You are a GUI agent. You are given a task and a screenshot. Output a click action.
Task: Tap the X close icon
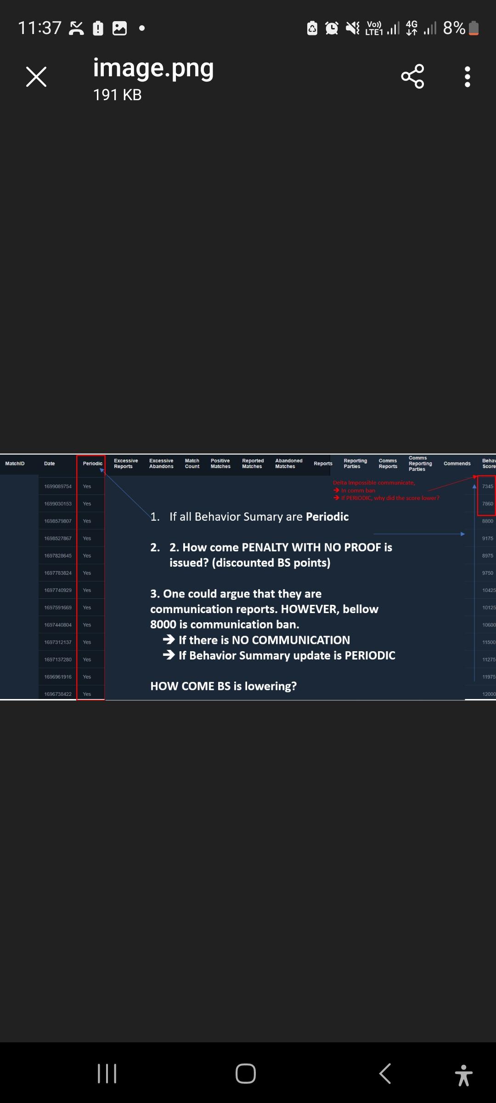click(36, 77)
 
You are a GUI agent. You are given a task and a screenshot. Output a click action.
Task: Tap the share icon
click(412, 77)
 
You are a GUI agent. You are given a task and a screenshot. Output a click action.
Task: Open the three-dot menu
click(467, 77)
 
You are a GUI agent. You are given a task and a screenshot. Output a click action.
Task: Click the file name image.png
click(153, 68)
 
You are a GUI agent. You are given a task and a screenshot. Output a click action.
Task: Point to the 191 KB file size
click(117, 95)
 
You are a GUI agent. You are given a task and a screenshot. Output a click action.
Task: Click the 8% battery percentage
click(454, 28)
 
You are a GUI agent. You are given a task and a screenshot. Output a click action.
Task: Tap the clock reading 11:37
click(39, 28)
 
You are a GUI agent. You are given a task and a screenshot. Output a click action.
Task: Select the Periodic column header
click(92, 463)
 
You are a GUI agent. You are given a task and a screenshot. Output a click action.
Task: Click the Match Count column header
click(192, 463)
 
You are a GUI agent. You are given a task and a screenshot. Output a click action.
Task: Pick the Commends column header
click(457, 463)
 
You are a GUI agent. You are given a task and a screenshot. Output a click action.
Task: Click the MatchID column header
click(15, 463)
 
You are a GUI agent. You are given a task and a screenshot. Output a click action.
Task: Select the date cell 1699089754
click(58, 486)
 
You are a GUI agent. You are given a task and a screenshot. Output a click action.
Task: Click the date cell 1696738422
click(58, 694)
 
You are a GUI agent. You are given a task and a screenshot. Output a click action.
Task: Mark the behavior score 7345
click(487, 486)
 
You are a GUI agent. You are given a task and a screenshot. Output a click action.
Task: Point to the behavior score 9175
click(487, 538)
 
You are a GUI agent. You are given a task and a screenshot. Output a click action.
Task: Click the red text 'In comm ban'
click(358, 490)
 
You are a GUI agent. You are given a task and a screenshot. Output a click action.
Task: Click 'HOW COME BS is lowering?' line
click(223, 686)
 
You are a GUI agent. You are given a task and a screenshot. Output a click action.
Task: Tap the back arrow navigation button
click(385, 1074)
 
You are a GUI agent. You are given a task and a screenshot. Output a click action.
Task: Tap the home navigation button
click(246, 1074)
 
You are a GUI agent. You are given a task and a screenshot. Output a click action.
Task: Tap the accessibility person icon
click(463, 1075)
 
